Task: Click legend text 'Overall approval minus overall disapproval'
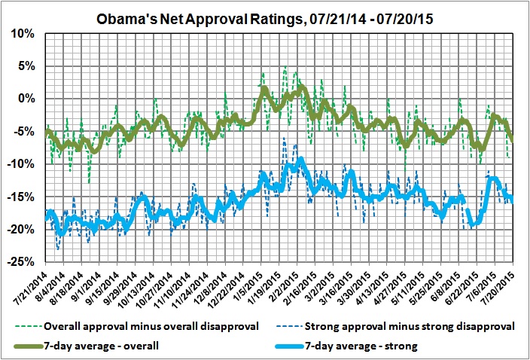[150, 327]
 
